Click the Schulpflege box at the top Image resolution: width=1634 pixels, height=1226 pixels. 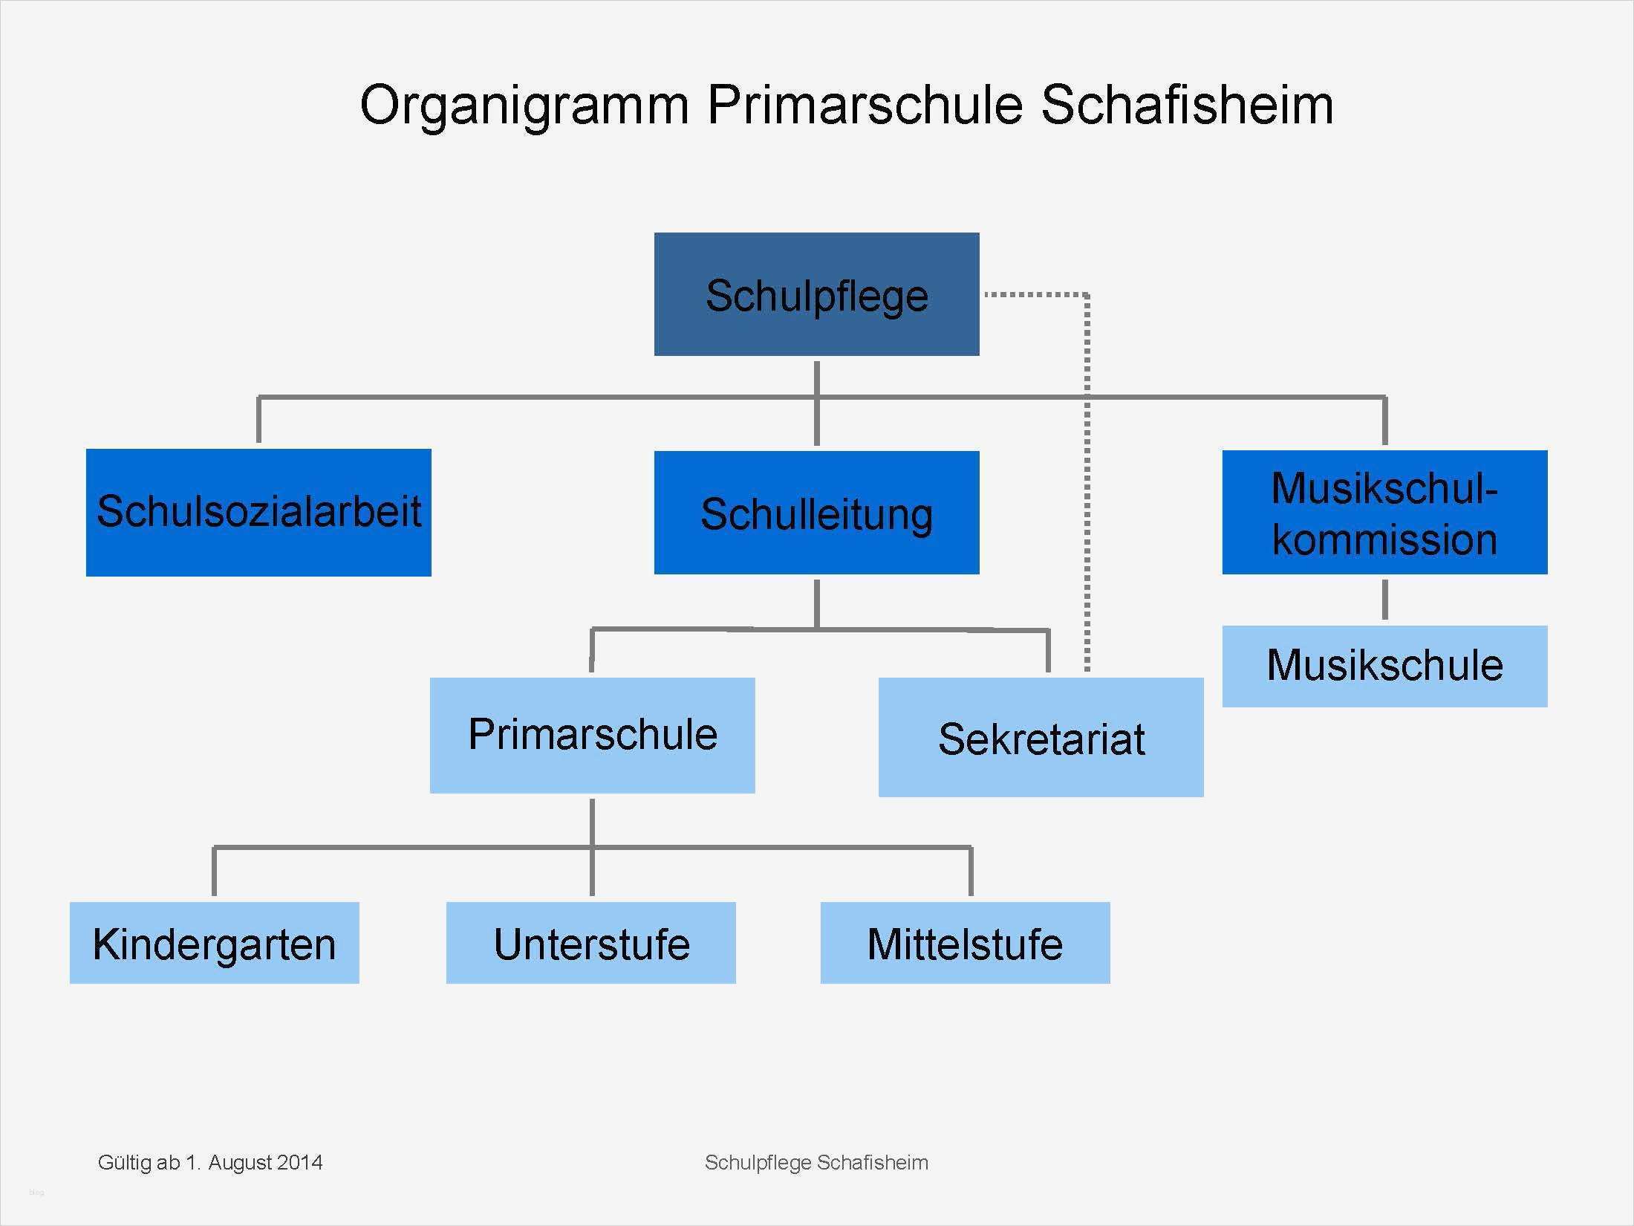[816, 295]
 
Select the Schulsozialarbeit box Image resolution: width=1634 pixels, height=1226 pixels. [258, 512]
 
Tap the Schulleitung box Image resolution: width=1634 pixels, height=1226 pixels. [816, 513]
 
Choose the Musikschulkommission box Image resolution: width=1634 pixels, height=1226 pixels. [1384, 512]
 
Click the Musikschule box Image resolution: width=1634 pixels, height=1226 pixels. [1384, 666]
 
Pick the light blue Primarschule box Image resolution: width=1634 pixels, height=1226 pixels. [592, 735]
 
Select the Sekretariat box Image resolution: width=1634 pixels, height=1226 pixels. [1041, 737]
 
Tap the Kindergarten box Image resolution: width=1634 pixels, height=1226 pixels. [214, 943]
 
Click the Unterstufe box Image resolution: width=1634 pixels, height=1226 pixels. [590, 943]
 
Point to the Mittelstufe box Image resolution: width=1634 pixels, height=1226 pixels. [965, 943]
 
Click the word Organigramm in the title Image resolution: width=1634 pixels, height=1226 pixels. [524, 106]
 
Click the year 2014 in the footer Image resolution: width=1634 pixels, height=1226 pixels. [300, 1162]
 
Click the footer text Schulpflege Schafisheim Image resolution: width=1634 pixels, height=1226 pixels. [816, 1162]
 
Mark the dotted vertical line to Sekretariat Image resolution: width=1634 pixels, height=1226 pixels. [1087, 483]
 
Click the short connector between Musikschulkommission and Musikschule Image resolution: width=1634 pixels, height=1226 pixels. [1384, 599]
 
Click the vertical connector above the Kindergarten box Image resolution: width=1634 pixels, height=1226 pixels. [214, 871]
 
